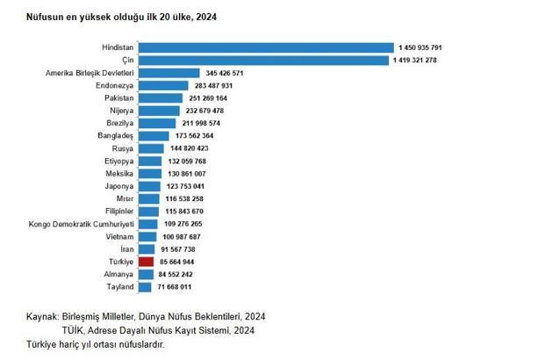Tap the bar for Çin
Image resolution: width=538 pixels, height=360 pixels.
[x=263, y=60]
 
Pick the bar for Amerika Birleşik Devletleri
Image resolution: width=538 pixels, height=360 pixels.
[x=169, y=73]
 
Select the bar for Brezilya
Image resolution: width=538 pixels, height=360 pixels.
[x=154, y=123]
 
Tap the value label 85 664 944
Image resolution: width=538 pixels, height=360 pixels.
[x=177, y=262]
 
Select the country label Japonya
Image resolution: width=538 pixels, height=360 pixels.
[x=117, y=186]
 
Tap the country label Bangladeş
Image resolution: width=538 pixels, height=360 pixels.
[x=115, y=136]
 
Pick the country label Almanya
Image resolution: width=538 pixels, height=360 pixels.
[x=117, y=274]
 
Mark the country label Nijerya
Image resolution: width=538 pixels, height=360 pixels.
[x=119, y=111]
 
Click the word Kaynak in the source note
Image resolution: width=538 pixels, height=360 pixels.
[x=43, y=315]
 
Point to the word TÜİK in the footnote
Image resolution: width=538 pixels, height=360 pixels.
[x=74, y=329]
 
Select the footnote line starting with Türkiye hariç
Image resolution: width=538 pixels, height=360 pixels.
[x=96, y=343]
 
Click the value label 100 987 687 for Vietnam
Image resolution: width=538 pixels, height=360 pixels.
[x=182, y=236]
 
